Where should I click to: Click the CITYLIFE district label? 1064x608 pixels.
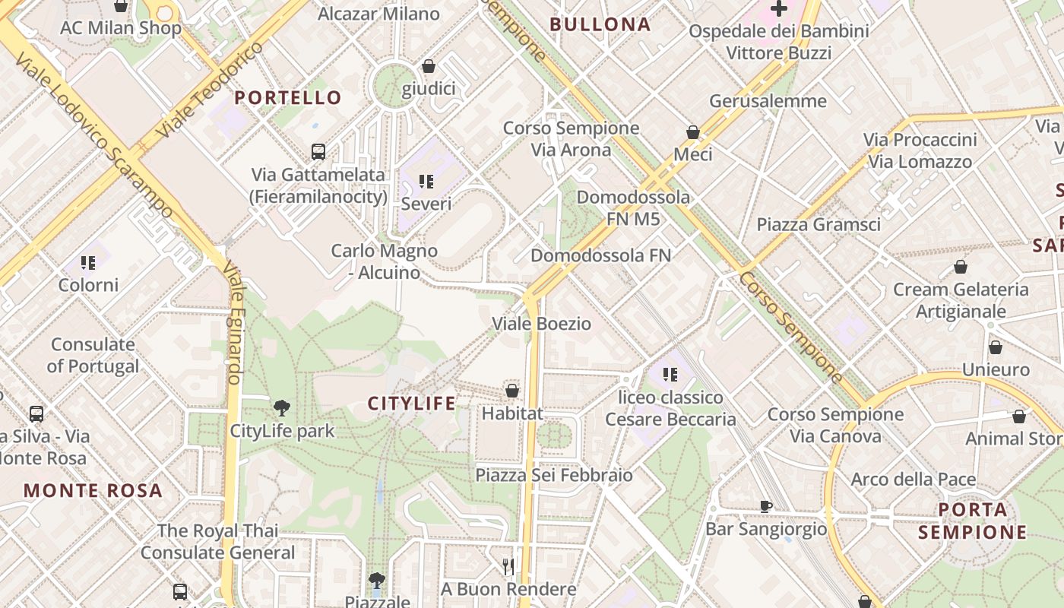[x=412, y=404]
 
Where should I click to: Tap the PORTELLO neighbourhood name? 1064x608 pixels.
[x=288, y=97]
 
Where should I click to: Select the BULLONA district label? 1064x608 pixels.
[x=600, y=24]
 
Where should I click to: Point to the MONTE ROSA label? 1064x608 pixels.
[x=93, y=490]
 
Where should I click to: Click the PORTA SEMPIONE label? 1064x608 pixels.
[x=972, y=521]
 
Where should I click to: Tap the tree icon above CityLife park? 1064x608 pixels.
[x=282, y=407]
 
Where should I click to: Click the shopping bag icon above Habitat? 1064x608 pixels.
[x=512, y=391]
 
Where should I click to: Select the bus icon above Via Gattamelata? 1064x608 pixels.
[x=318, y=151]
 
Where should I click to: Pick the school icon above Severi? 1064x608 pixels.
[x=426, y=181]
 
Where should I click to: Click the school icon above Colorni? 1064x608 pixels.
[x=89, y=263]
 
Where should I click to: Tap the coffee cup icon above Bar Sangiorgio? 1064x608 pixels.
[x=766, y=506]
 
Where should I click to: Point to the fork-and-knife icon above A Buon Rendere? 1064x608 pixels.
[x=508, y=566]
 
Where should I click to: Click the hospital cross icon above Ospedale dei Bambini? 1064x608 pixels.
[x=779, y=9]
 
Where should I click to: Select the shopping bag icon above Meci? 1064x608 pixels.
[x=693, y=132]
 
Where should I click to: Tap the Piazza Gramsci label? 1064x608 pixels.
[x=819, y=224]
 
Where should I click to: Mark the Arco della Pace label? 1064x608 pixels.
[x=913, y=480]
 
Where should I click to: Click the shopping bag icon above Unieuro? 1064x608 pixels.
[x=996, y=347]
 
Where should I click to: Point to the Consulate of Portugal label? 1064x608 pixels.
[x=93, y=355]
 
